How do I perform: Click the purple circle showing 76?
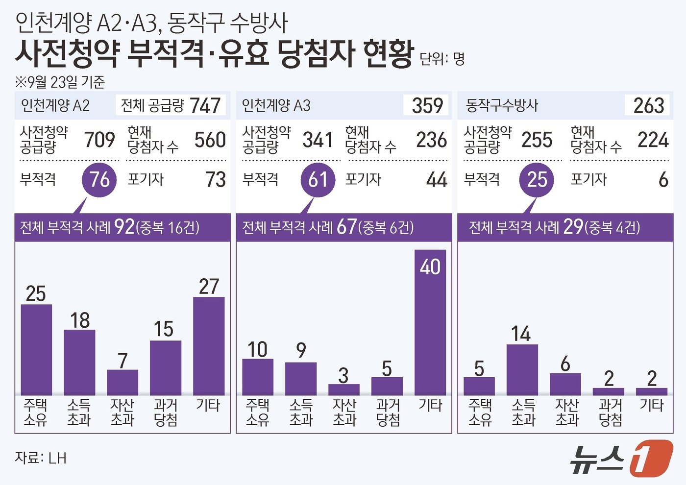tap(99, 180)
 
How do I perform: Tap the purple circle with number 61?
tap(318, 180)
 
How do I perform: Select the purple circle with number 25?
tap(537, 180)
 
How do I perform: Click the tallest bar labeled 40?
tap(430, 323)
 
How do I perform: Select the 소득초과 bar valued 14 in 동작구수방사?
tap(522, 370)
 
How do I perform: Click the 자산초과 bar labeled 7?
tap(122, 383)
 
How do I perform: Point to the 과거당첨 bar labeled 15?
tap(166, 368)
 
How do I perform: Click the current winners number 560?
tap(210, 140)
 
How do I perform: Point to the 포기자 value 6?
tap(663, 180)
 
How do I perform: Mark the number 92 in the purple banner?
tap(124, 227)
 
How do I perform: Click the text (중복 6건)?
tap(386, 227)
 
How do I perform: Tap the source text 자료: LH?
tap(40, 458)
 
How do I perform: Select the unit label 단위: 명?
tap(442, 59)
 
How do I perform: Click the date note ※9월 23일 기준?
tap(60, 82)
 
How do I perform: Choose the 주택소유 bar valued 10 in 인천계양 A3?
tap(258, 377)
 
